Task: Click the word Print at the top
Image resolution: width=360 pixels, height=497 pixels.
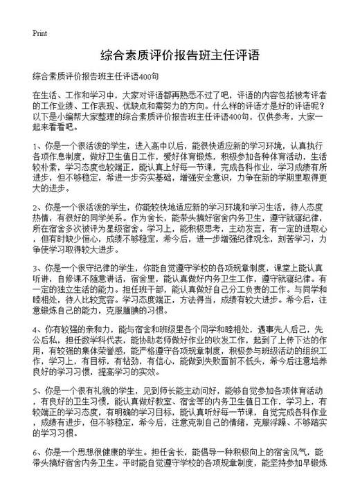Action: tap(39, 32)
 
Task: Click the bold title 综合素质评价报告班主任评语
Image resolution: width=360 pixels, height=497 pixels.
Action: tap(179, 55)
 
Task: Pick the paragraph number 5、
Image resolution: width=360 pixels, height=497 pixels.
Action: tap(37, 410)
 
